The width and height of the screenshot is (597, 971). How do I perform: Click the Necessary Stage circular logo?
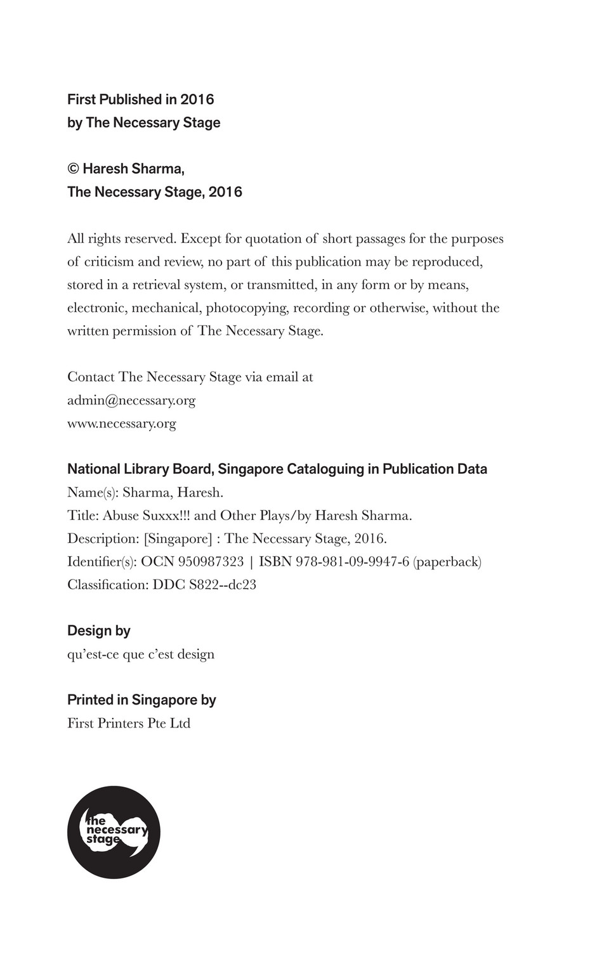(x=114, y=831)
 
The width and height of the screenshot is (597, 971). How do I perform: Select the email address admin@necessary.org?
(x=131, y=400)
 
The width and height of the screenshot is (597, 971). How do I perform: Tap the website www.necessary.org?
(x=122, y=423)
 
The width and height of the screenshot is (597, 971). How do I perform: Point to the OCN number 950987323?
(x=211, y=561)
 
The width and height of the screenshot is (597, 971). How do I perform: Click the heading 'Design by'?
(x=99, y=630)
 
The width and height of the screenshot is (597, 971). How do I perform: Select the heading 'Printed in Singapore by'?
(x=141, y=700)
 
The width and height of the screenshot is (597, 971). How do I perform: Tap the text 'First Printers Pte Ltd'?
(x=129, y=723)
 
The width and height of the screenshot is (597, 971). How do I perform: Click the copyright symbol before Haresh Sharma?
(x=73, y=169)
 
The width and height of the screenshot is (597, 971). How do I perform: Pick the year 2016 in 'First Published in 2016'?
(x=197, y=100)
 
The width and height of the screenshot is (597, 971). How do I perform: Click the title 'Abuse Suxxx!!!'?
(x=147, y=515)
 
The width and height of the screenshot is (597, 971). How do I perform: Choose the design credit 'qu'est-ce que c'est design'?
(x=141, y=654)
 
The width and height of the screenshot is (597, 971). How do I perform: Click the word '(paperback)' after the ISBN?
(x=447, y=561)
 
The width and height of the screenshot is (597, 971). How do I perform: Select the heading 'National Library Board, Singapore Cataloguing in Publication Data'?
(x=277, y=469)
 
